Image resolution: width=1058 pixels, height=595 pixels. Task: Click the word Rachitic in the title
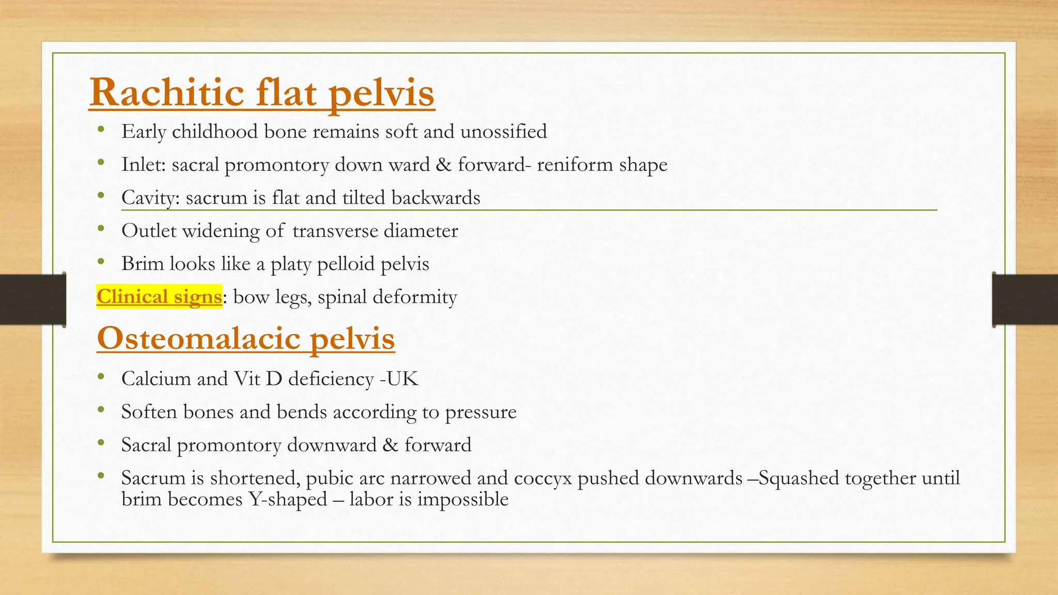point(166,93)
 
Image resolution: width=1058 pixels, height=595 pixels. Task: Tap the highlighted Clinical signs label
point(159,297)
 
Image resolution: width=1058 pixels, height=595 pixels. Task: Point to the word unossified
point(503,132)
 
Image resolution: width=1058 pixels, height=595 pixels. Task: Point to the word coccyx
point(542,478)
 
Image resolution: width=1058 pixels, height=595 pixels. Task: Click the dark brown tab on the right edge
point(1025,300)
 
